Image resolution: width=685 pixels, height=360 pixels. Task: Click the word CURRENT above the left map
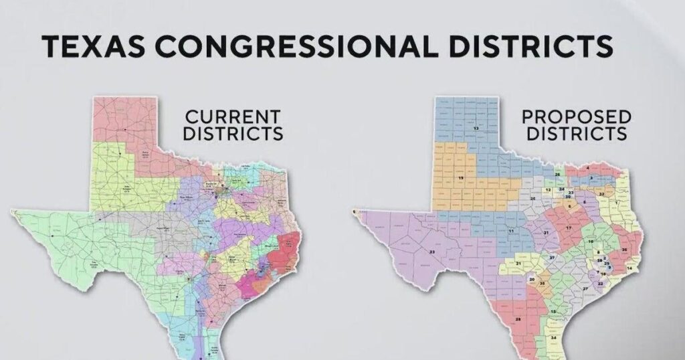(x=233, y=116)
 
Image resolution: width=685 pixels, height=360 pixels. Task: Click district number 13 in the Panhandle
(x=476, y=127)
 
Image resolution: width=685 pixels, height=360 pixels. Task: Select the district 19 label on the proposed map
(x=460, y=177)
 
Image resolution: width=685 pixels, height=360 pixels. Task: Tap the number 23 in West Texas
(x=432, y=252)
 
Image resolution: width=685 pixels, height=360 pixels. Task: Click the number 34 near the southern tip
(x=554, y=338)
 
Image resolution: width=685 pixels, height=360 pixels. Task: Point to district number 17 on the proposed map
(x=569, y=228)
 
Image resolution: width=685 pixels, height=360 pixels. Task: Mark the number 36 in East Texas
(x=624, y=249)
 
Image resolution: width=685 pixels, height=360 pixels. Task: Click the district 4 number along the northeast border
(x=587, y=167)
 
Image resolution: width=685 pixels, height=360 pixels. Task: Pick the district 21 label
(x=518, y=264)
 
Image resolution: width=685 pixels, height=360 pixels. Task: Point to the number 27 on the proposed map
(x=585, y=288)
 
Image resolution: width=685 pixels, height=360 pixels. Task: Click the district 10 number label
(x=591, y=240)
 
